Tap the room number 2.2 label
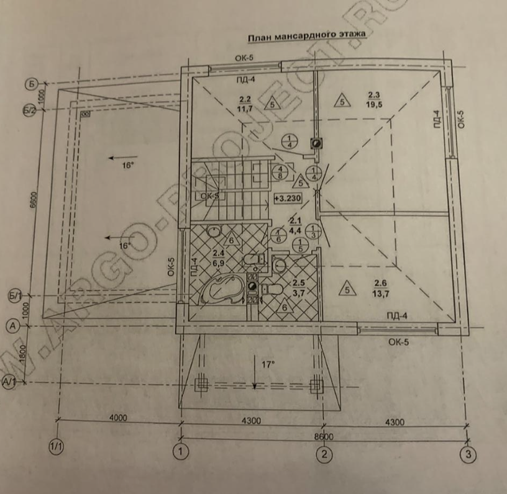pos(244,99)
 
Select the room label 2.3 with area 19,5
pos(373,95)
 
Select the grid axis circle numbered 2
pos(323,454)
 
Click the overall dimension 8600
pos(324,436)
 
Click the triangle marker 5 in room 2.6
pos(347,288)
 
